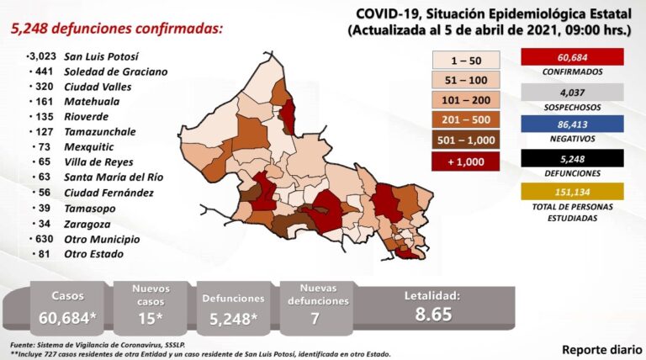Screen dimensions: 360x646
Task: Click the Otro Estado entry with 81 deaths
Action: click(x=98, y=253)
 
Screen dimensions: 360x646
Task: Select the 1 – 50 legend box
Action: click(x=465, y=60)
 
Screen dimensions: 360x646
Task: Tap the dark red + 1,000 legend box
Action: click(x=465, y=160)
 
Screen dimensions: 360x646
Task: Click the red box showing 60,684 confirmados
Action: click(x=572, y=58)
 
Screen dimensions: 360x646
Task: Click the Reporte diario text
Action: click(x=598, y=347)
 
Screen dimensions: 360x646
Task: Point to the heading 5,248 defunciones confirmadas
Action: click(x=117, y=29)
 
